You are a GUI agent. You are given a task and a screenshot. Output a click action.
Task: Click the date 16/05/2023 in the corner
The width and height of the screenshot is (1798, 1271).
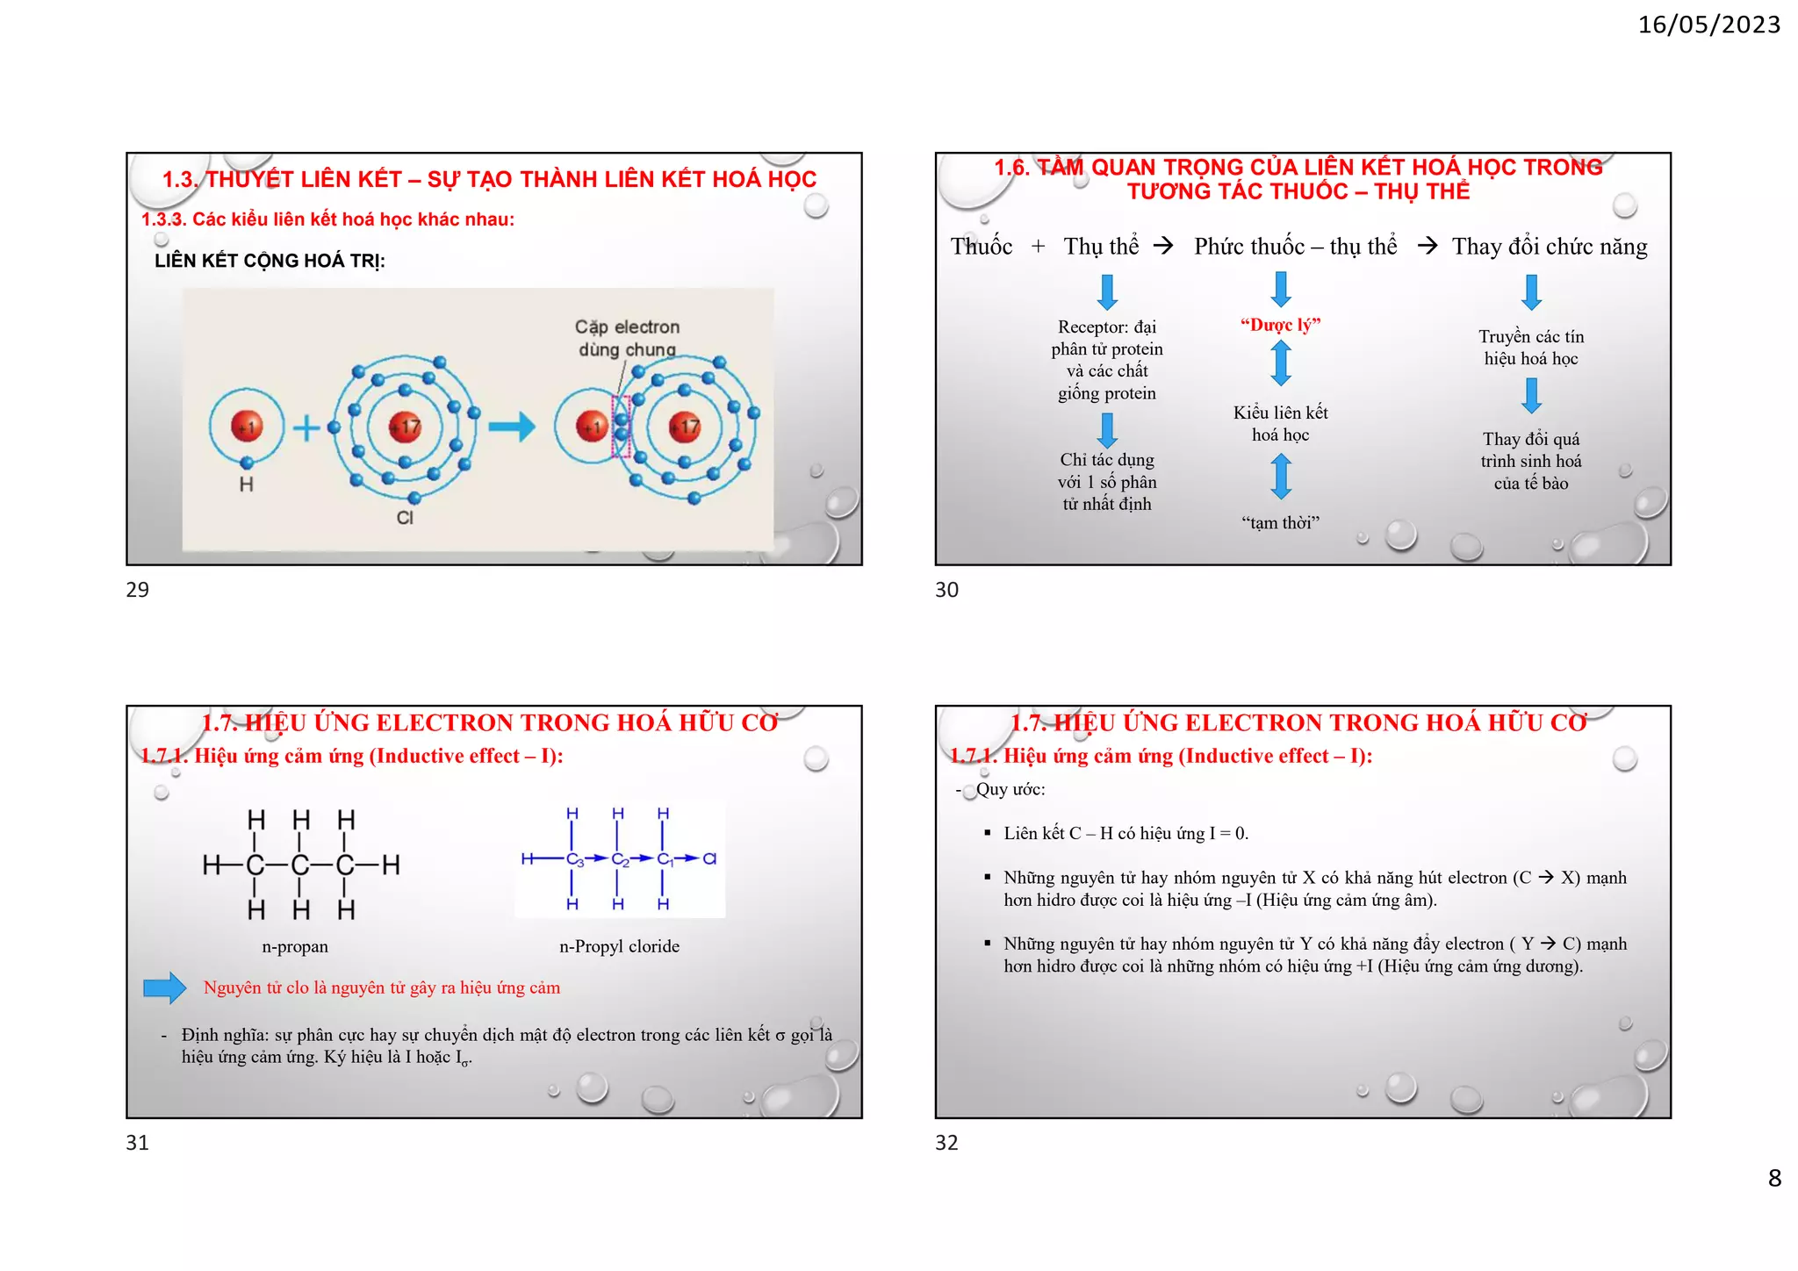pyautogui.click(x=1708, y=25)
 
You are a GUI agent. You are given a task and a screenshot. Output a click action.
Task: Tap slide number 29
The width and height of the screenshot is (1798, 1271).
pyautogui.click(x=138, y=590)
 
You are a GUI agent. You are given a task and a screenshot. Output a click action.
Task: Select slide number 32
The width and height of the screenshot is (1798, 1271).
pyautogui.click(x=946, y=1143)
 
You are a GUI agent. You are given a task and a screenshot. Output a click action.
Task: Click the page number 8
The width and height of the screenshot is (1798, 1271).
pyautogui.click(x=1774, y=1178)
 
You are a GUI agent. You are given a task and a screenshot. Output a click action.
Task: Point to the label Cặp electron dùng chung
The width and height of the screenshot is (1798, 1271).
pyautogui.click(x=627, y=338)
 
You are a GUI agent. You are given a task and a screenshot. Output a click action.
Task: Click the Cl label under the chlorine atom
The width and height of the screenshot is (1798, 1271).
pyautogui.click(x=405, y=518)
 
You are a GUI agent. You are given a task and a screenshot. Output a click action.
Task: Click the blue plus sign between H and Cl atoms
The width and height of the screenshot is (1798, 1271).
pyautogui.click(x=306, y=428)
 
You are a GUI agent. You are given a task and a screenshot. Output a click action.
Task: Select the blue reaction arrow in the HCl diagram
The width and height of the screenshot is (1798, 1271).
pyautogui.click(x=512, y=427)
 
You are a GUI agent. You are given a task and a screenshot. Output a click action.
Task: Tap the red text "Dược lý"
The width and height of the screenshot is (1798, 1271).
pyautogui.click(x=1280, y=325)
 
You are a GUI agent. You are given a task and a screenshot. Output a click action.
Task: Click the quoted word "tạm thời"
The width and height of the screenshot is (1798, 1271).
pyautogui.click(x=1280, y=523)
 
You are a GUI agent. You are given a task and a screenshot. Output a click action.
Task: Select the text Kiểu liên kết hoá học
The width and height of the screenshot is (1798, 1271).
pyautogui.click(x=1280, y=423)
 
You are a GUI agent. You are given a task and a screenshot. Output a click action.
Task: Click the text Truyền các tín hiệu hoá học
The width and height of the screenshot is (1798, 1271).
pyautogui.click(x=1531, y=348)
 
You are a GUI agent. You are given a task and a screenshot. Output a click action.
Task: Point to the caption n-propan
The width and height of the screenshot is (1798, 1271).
pyautogui.click(x=295, y=946)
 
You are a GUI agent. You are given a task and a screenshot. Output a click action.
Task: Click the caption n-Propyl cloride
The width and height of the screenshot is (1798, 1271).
pyautogui.click(x=619, y=946)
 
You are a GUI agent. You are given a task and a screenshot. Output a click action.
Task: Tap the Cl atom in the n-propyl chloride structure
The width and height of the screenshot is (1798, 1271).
pyautogui.click(x=710, y=858)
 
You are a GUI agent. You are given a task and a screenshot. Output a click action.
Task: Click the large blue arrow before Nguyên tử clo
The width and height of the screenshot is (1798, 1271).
pyautogui.click(x=165, y=987)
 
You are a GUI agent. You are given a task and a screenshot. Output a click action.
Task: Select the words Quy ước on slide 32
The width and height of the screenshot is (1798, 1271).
pyautogui.click(x=1010, y=789)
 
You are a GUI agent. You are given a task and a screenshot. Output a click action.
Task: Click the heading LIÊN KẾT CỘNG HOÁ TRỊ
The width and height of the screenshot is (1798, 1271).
pyautogui.click(x=270, y=261)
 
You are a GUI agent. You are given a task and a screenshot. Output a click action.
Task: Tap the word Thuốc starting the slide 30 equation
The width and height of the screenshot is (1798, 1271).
pyautogui.click(x=981, y=247)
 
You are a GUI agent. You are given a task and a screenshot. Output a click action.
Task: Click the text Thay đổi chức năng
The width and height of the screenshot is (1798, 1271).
pyautogui.click(x=1550, y=247)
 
